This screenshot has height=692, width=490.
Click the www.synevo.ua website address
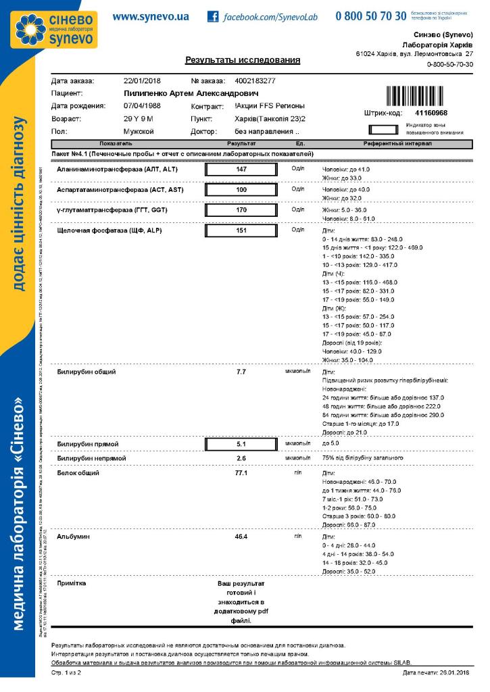(x=151, y=16)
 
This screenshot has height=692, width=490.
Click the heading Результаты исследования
(x=243, y=61)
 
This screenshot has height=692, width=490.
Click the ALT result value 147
(x=241, y=170)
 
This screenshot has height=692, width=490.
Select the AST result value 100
(x=241, y=191)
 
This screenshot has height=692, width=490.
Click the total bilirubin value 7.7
(x=241, y=372)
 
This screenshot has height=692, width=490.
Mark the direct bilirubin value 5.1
(x=241, y=444)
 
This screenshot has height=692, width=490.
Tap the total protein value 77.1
(x=241, y=473)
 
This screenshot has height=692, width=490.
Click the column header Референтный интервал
(x=389, y=145)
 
